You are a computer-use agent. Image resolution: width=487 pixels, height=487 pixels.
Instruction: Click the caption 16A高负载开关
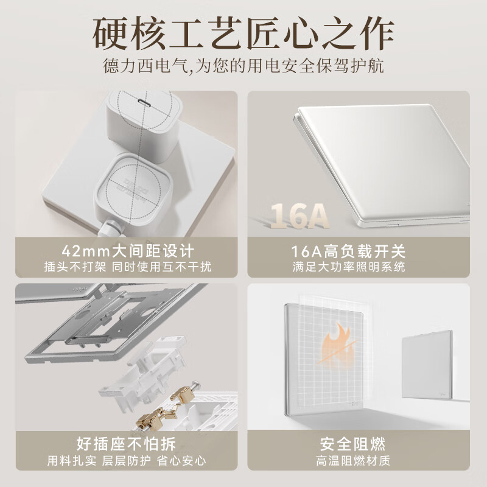357,251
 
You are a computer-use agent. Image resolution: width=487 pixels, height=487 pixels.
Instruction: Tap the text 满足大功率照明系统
357,267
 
